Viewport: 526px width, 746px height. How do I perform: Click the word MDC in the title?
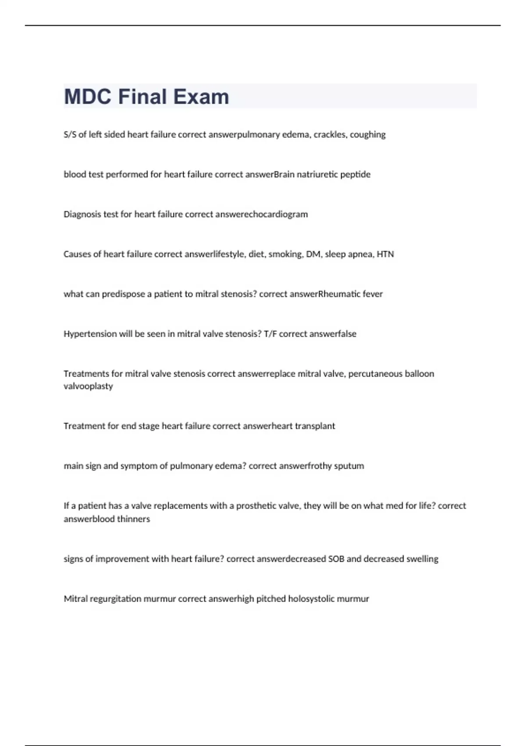pos(88,97)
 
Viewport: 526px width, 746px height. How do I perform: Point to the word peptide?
pos(355,175)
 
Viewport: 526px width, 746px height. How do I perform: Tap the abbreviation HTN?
pos(385,254)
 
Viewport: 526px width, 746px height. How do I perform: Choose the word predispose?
pos(123,294)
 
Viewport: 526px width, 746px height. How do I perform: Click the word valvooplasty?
pos(88,387)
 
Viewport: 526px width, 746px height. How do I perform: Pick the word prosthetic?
pos(256,506)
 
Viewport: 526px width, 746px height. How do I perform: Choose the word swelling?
pos(422,559)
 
